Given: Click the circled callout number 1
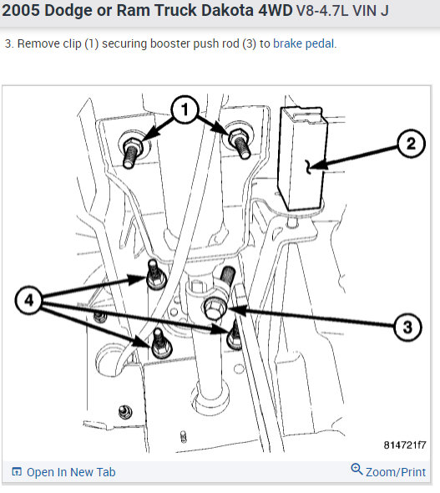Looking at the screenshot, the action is click(x=185, y=109).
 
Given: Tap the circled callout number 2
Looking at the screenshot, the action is click(x=411, y=144).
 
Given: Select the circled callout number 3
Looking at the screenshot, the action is click(x=407, y=327).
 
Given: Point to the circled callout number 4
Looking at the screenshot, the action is click(x=29, y=300).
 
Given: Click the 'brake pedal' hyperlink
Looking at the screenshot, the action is click(x=303, y=43).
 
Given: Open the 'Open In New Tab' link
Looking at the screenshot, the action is click(x=71, y=472).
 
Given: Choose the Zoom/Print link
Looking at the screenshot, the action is click(x=396, y=472).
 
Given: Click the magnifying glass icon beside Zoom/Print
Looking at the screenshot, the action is click(x=357, y=470).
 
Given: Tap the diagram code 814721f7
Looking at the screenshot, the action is click(x=405, y=445).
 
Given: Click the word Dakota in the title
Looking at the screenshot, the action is click(x=227, y=10).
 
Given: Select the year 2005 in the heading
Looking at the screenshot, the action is click(x=21, y=10).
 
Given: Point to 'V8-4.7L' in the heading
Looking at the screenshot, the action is click(x=323, y=11).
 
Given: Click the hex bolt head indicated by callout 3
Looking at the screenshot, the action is click(x=215, y=308).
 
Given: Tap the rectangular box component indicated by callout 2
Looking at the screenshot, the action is click(x=302, y=159).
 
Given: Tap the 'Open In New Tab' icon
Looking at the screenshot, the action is click(x=17, y=471).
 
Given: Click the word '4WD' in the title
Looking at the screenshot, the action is click(x=276, y=10).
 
